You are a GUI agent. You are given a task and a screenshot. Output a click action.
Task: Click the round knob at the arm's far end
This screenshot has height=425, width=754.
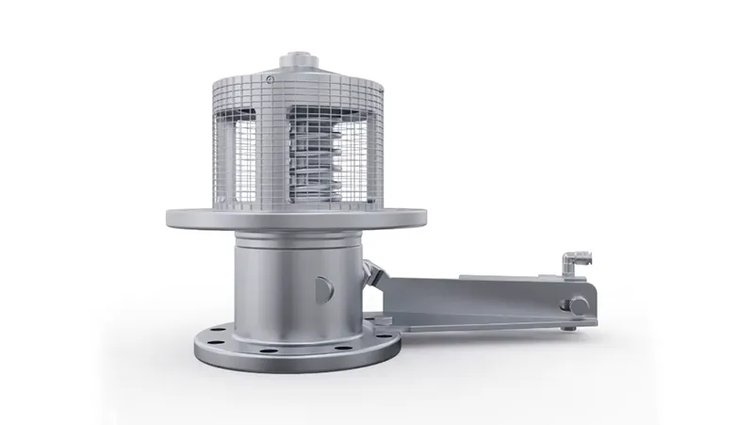click(570, 305)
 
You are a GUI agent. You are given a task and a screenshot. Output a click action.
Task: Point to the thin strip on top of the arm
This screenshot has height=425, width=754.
click(509, 276)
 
